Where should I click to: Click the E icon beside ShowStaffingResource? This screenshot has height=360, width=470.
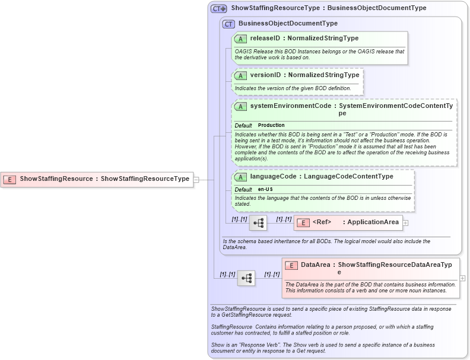coord(10,179)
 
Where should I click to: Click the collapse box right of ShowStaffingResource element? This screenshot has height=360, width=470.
coord(196,179)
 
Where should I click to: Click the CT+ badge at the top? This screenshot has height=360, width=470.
coord(219,9)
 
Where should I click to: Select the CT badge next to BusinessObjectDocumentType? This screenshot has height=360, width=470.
coord(228,24)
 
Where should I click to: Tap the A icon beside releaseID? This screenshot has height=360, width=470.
coord(241,39)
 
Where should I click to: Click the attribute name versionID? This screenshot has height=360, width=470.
coord(265,75)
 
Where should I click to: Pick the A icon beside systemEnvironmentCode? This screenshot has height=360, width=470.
coord(241,106)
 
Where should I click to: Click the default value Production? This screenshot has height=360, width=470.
coord(271,126)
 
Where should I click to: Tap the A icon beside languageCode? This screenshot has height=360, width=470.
coord(241,177)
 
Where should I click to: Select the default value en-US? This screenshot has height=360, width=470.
coord(265,189)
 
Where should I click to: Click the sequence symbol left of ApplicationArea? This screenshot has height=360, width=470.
coord(258,223)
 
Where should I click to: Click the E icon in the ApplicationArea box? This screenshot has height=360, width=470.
coord(303,223)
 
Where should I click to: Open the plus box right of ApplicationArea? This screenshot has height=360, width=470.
coord(406,223)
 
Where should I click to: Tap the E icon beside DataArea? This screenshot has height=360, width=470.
coord(291,266)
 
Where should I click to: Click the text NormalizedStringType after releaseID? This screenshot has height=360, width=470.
coord(323,39)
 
